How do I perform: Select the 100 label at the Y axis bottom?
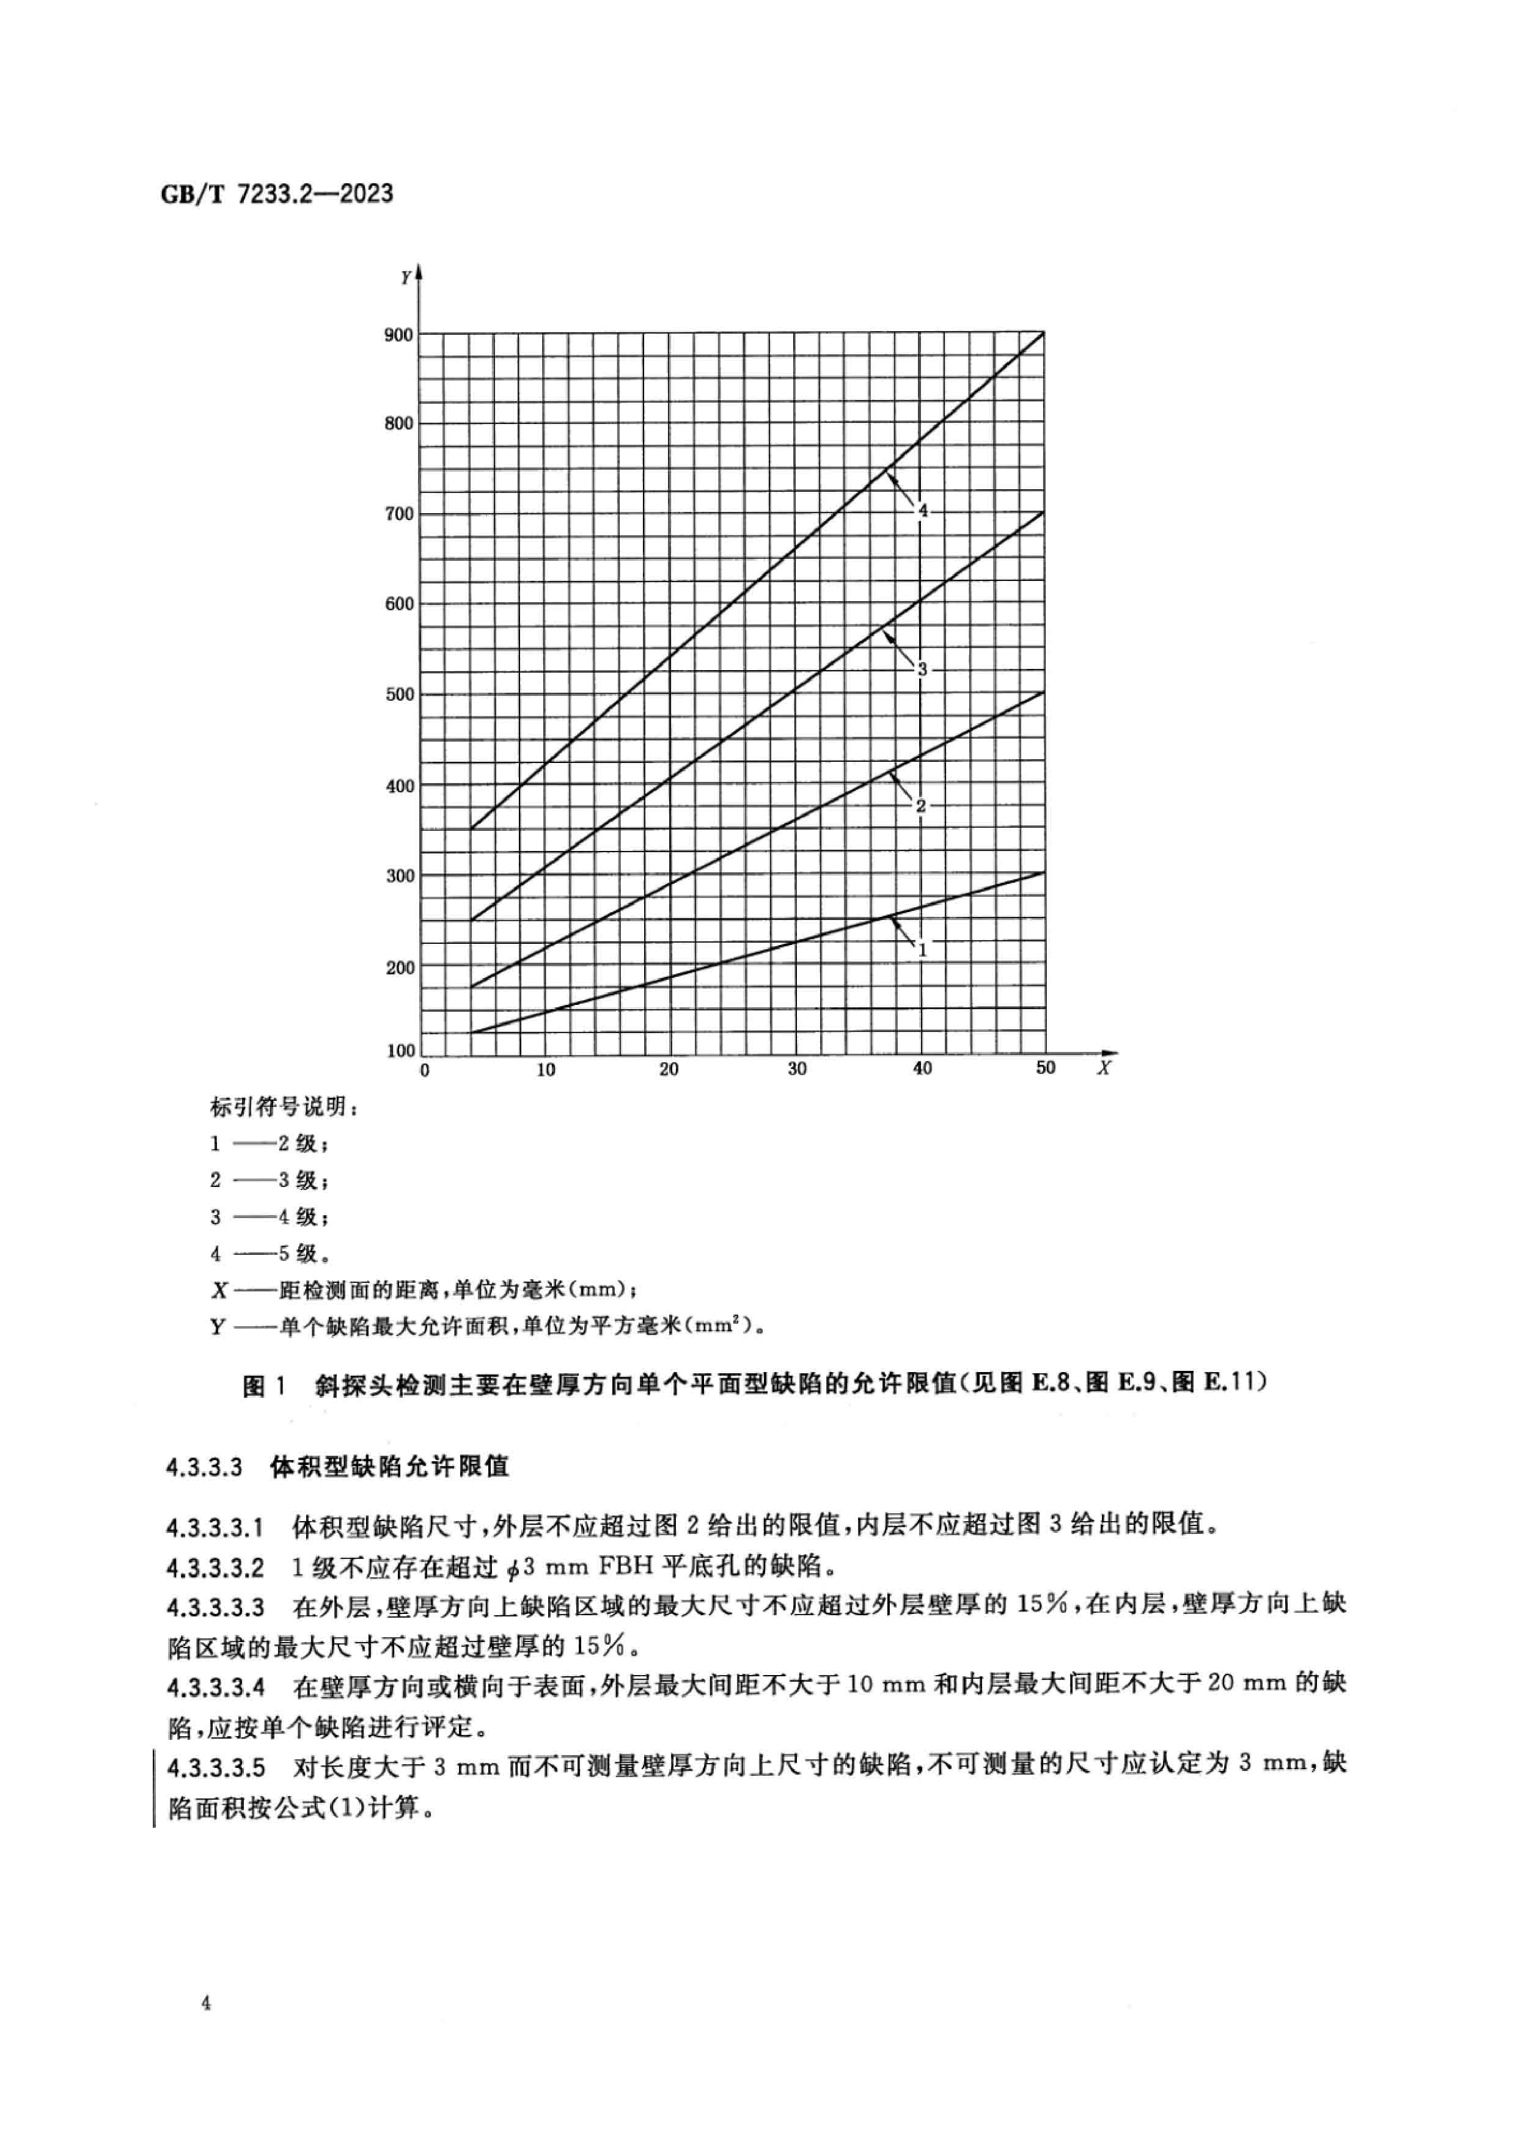400,1051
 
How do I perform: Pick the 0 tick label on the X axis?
425,1070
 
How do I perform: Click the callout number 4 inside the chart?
922,511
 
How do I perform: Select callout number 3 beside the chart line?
922,669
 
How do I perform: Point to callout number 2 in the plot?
920,806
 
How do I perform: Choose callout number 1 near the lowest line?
922,950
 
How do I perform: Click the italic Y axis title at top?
406,277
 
